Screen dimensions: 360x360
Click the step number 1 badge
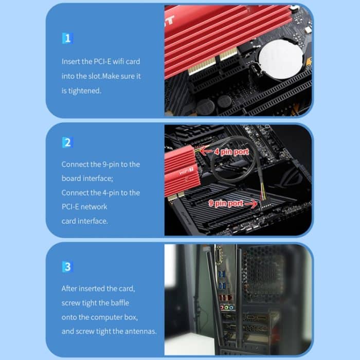click(67, 39)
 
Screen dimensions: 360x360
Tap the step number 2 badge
click(67, 142)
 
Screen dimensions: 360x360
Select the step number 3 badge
click(67, 267)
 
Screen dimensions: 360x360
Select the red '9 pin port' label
click(228, 204)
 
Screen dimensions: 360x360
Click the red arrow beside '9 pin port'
click(251, 204)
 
